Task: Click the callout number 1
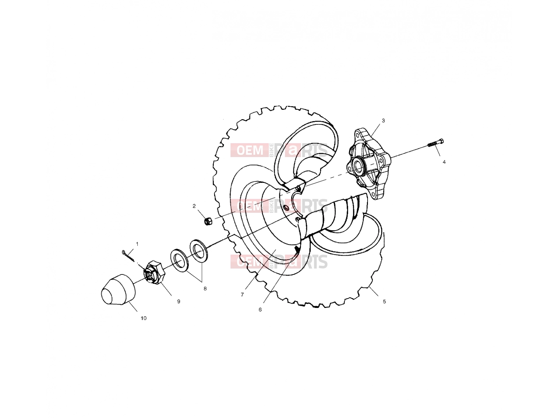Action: point(137,244)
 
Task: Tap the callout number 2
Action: point(194,206)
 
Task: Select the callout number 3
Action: point(383,121)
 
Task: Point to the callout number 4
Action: point(444,162)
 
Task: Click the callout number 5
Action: point(384,302)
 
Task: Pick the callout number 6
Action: point(260,310)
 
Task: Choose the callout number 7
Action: point(242,295)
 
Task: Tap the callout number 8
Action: point(205,288)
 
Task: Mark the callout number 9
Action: point(179,302)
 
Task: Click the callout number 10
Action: point(144,318)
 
